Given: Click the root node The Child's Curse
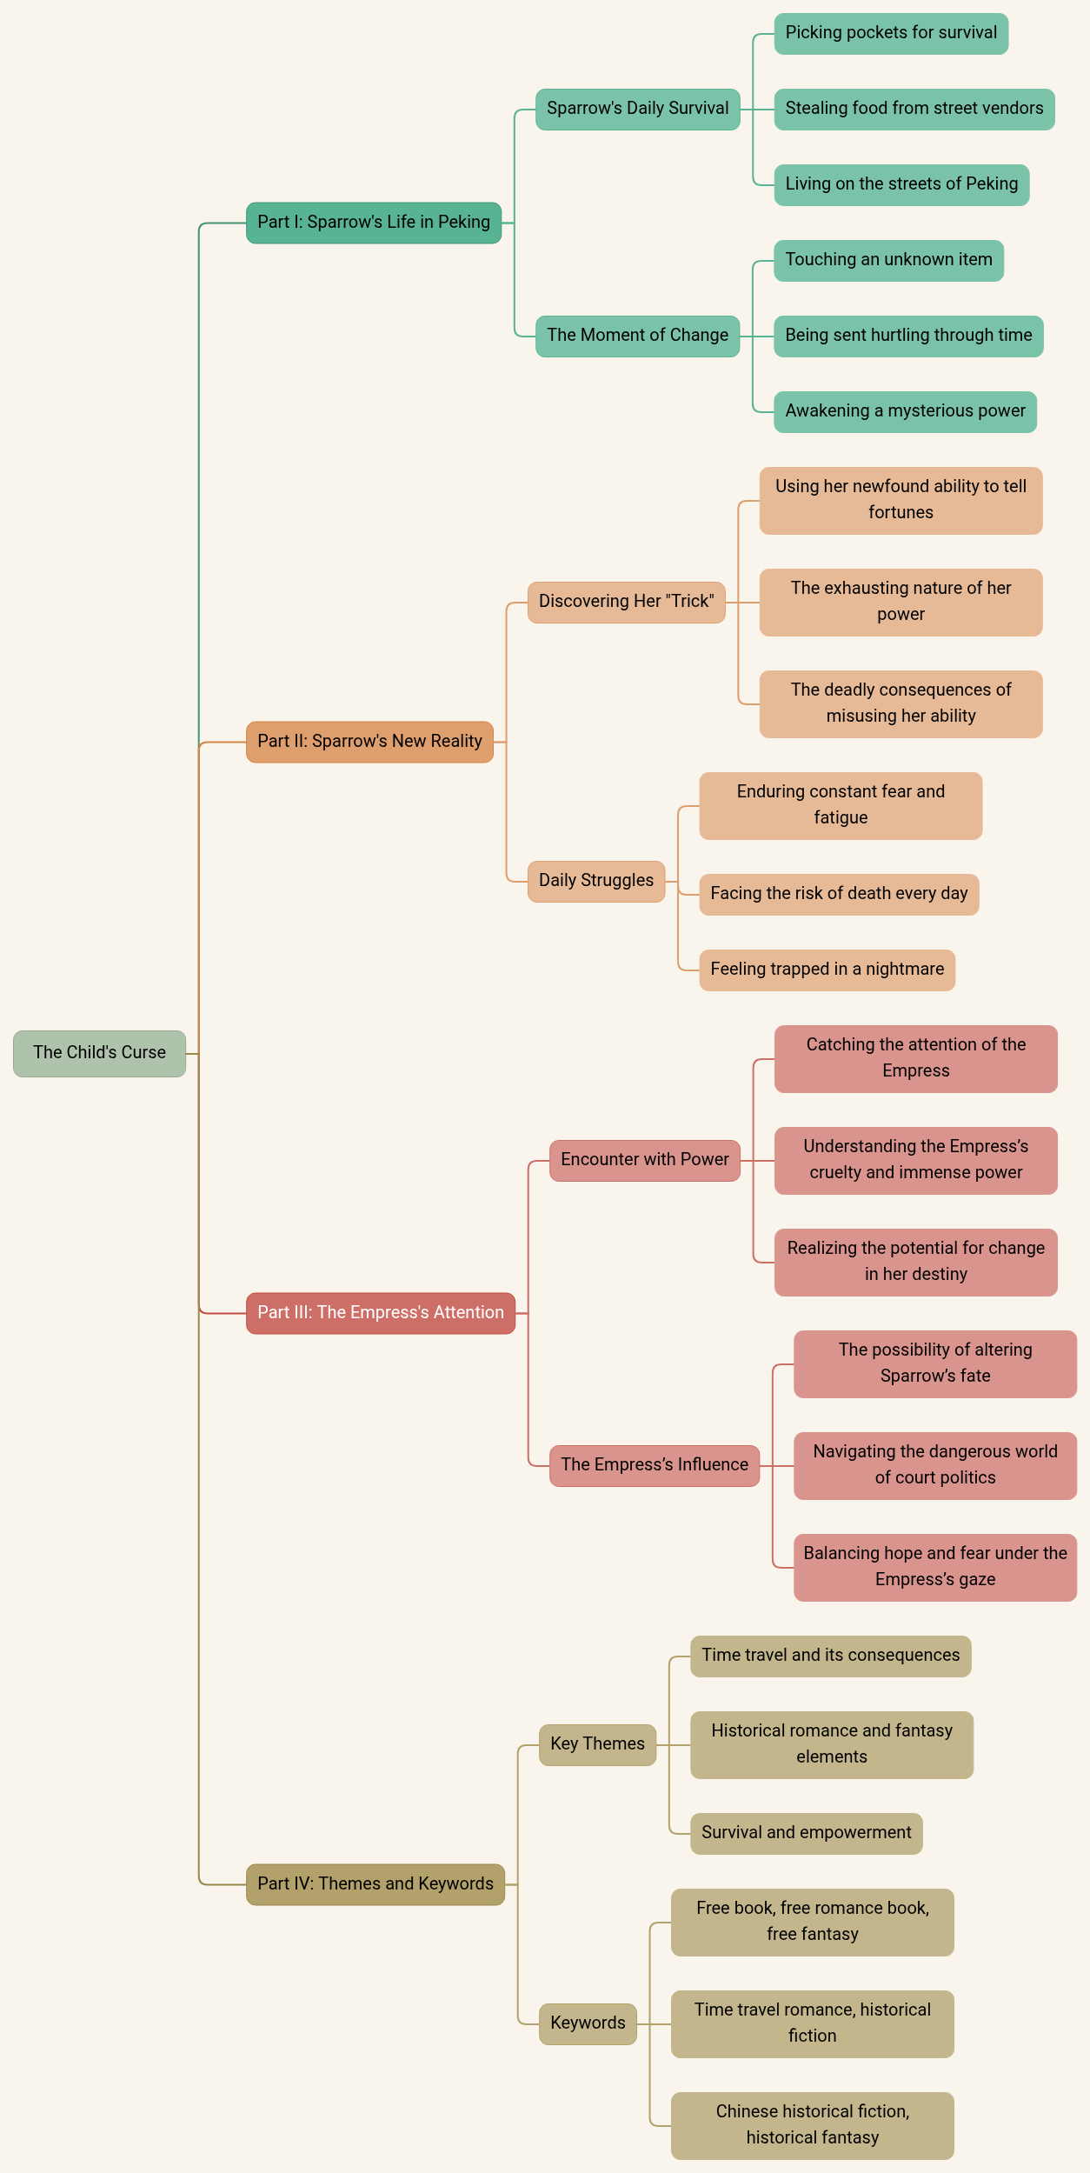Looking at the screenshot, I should coord(99,1053).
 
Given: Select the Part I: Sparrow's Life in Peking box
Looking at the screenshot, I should coord(374,223).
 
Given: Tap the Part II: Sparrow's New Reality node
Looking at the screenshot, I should coord(369,742).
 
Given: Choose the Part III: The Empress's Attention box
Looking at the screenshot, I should coord(381,1313).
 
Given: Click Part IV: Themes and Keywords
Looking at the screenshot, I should coord(376,1884).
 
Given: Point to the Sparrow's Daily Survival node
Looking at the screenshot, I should coord(637,109).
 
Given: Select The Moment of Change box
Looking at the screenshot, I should coord(637,336).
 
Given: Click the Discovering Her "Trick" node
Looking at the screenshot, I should coord(626,602).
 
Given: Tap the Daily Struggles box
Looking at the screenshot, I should coord(596,881).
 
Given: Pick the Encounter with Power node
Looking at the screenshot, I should coord(645,1160).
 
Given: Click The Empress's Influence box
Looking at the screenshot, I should coord(655,1465).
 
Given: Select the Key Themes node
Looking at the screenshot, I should coord(597,1744).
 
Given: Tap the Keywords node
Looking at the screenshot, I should coord(588,2023).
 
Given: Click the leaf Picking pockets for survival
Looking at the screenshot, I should coord(891,33).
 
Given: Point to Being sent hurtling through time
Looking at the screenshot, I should coord(908,336).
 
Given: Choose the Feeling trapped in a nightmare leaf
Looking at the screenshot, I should coord(827,970).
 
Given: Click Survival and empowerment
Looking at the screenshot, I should coord(806,1833).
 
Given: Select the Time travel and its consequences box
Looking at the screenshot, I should coord(830,1656).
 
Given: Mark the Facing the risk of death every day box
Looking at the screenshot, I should coord(839,894).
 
